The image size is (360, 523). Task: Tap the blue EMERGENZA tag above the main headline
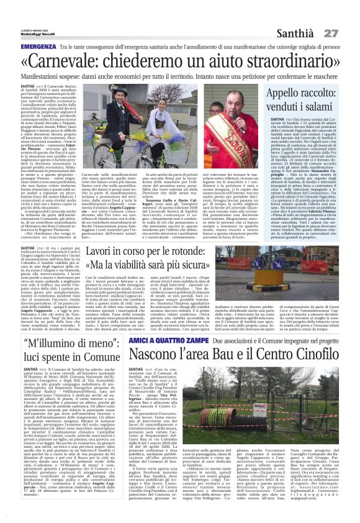click(x=39, y=47)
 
